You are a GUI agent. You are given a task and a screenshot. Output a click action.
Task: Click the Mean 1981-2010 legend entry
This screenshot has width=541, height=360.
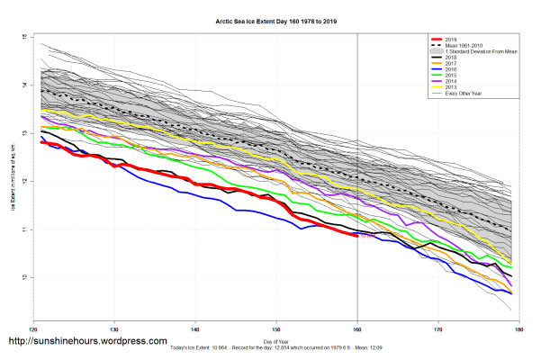click(x=468, y=46)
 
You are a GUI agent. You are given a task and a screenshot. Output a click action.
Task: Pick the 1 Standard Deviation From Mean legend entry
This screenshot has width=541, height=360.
click(x=481, y=52)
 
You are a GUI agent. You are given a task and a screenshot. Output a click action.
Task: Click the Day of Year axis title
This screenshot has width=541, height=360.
click(x=276, y=340)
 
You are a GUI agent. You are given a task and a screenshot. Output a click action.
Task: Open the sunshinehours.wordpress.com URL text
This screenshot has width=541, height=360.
click(x=86, y=342)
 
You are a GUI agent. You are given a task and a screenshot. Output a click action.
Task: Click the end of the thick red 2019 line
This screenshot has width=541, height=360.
click(x=357, y=236)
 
